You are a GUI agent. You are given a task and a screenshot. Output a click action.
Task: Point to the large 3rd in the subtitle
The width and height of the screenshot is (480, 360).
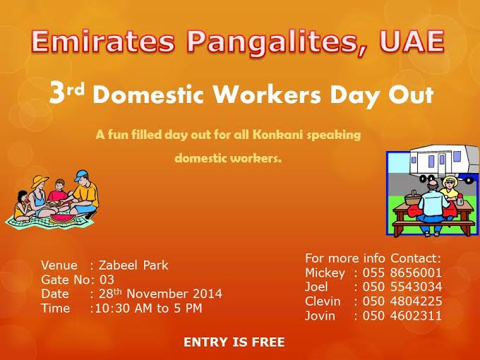click(x=66, y=92)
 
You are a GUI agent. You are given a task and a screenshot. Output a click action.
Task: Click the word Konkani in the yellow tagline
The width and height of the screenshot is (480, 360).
click(x=277, y=135)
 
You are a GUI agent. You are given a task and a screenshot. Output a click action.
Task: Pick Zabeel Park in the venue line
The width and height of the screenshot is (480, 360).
click(x=133, y=265)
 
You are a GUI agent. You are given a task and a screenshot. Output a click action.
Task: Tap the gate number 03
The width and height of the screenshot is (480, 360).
click(x=107, y=280)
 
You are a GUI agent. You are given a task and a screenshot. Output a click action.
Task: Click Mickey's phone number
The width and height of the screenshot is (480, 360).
click(x=402, y=272)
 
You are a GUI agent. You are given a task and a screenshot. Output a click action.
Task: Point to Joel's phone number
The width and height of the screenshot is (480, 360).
click(x=402, y=287)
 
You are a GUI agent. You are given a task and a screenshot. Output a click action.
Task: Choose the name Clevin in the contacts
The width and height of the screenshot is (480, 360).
click(x=323, y=301)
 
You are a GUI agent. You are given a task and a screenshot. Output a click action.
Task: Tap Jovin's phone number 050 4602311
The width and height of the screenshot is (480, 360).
click(x=402, y=316)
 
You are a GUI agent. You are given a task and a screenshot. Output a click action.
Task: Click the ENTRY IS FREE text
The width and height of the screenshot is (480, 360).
click(x=234, y=342)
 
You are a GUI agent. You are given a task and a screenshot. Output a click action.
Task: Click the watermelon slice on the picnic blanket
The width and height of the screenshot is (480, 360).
click(x=62, y=217)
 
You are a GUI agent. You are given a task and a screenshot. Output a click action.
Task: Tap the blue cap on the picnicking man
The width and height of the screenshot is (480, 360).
click(x=80, y=175)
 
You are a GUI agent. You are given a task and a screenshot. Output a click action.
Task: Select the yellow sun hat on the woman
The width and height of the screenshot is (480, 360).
click(x=39, y=181)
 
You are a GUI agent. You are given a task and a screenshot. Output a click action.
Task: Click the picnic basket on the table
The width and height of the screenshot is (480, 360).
click(x=413, y=198)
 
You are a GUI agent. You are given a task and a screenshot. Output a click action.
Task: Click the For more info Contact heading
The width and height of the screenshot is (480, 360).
click(x=373, y=258)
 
